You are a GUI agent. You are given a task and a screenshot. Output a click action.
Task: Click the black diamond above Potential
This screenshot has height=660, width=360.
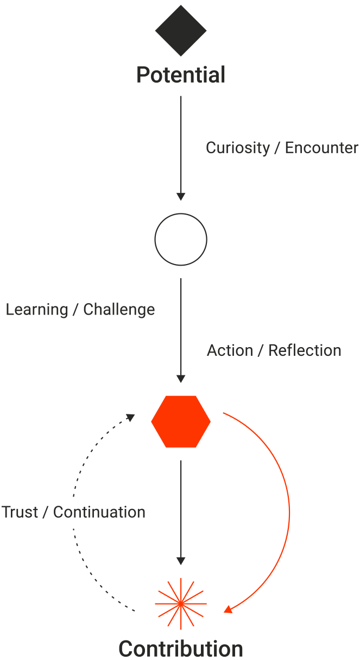181,31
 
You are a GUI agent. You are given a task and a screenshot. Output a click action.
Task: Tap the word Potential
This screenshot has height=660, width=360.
181,75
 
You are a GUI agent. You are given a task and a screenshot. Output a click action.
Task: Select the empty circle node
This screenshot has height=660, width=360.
181,239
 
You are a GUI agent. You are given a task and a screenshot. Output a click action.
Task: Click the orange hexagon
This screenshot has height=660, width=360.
181,421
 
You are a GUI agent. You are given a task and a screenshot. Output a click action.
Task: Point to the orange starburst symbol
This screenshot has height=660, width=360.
181,604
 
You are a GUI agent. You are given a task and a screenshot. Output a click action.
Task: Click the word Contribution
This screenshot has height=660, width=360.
181,649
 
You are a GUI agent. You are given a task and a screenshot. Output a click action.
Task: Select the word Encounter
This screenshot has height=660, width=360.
321,148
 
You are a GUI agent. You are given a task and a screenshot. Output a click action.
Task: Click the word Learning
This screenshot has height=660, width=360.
37,310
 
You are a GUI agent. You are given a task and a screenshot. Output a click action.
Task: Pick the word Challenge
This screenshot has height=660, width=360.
119,310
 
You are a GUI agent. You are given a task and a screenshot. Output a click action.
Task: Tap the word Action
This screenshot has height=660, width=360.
230,350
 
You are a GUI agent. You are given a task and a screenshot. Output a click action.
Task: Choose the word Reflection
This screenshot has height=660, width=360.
305,350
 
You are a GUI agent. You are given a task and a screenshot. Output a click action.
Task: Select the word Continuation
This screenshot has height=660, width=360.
99,512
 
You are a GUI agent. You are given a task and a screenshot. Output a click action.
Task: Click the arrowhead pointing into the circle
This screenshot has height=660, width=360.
181,197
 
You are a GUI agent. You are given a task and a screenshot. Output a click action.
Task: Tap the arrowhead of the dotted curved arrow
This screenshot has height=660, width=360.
130,417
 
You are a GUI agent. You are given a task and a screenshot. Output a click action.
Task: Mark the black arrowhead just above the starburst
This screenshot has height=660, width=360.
181,561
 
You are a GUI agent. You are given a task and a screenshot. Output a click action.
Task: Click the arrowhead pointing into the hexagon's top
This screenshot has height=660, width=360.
181,379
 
